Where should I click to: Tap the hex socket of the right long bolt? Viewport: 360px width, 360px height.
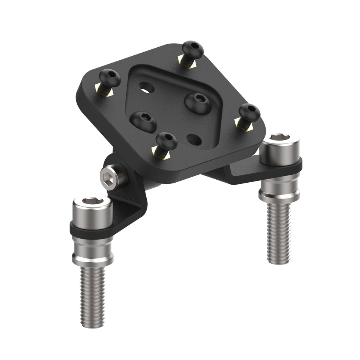point(279,138)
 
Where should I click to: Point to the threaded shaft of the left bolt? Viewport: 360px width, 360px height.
point(92,296)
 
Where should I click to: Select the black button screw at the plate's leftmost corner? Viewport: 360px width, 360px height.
point(110,78)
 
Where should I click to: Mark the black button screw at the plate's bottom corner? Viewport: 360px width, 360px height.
point(166,141)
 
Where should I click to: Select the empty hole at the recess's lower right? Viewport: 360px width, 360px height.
point(194,139)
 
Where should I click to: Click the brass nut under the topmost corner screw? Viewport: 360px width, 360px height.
point(188,63)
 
